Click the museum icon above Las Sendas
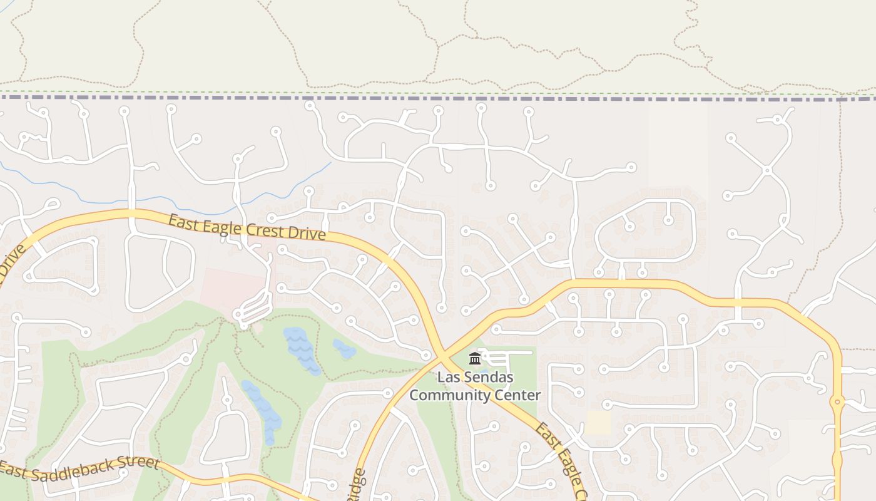(474, 359)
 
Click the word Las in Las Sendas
(448, 378)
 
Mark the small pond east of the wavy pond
(344, 349)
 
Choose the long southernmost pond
(263, 410)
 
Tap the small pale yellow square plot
(598, 423)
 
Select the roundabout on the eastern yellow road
(837, 402)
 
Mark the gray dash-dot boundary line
(438, 98)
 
